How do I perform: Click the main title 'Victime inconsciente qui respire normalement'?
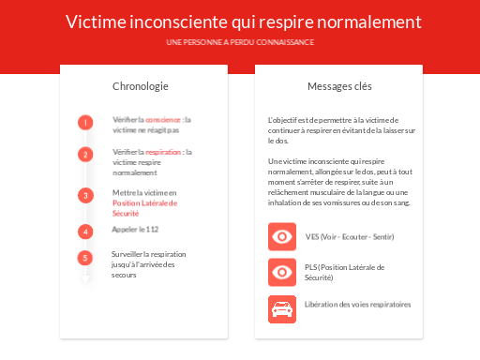point(244,22)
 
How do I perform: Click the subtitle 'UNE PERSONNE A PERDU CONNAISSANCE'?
point(240,43)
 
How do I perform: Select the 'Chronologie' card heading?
point(141,86)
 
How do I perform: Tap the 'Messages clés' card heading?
point(339,86)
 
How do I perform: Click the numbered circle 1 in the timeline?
point(85,122)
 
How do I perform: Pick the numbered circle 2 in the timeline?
point(85,155)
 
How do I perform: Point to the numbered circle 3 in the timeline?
point(85,195)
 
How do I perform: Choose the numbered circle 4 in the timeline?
point(85,231)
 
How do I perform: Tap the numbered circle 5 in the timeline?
point(85,258)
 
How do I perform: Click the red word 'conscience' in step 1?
point(164,120)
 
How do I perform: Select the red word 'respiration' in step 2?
point(164,152)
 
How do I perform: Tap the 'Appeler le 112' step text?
point(135,230)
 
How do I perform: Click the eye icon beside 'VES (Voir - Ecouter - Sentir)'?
point(281,236)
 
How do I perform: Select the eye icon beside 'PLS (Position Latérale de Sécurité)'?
point(281,272)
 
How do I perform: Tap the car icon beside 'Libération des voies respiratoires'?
point(281,307)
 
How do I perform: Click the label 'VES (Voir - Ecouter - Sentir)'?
point(349,236)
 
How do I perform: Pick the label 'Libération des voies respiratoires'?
point(358,305)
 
